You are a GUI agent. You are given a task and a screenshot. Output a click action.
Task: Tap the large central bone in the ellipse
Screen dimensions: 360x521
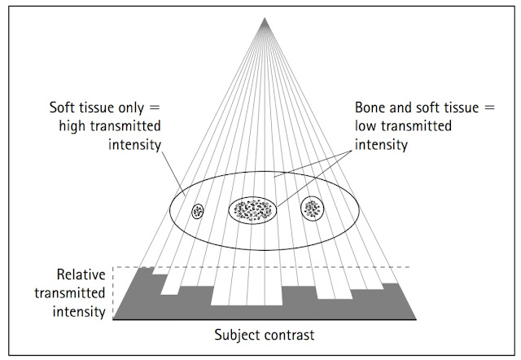252,210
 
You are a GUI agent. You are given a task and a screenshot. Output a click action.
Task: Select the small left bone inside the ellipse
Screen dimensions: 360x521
198,211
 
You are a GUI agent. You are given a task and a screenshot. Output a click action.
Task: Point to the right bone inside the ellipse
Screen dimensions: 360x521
312,209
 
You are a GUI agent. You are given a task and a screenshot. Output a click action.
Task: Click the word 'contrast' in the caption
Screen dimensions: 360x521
286,334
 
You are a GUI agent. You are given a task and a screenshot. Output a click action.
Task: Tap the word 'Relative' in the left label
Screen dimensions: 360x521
81,275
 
